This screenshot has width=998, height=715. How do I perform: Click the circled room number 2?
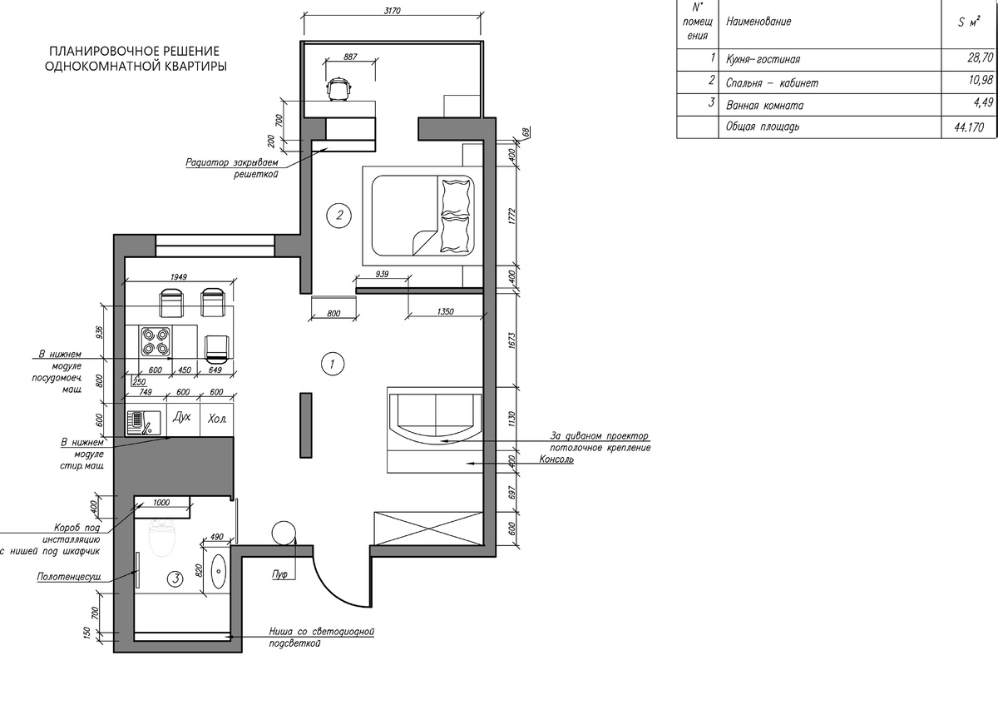(339, 216)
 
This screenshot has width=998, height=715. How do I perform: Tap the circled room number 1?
(333, 364)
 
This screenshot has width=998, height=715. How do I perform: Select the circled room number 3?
(175, 579)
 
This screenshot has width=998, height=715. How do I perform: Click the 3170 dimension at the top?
(392, 11)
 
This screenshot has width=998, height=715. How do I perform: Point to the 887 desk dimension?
(351, 57)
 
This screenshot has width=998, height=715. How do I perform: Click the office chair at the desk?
(339, 88)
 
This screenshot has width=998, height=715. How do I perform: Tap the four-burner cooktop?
(156, 341)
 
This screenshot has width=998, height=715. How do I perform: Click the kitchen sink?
(143, 422)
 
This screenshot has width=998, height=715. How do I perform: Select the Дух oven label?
(182, 417)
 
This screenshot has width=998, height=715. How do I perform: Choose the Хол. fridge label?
(217, 419)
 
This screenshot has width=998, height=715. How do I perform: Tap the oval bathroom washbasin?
(218, 571)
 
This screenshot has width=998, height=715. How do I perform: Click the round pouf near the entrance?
(284, 533)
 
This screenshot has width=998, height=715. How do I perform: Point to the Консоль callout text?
(556, 459)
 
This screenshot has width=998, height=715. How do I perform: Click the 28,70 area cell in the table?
(981, 57)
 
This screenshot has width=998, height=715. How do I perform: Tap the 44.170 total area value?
(969, 127)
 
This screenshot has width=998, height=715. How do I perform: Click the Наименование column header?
(758, 22)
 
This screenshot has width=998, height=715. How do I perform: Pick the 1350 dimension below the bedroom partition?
(446, 311)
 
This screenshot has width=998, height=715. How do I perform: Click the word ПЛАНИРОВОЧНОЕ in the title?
(100, 51)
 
